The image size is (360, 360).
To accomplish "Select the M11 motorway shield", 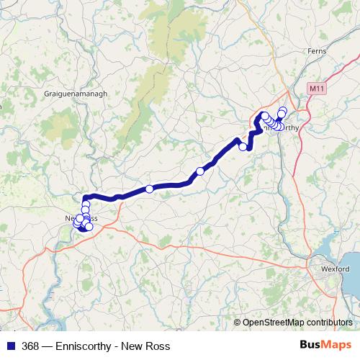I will [315, 88].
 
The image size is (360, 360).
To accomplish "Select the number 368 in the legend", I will [31, 346].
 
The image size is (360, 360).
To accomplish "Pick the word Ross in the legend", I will [158, 346].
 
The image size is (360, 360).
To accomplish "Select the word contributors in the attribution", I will [330, 323].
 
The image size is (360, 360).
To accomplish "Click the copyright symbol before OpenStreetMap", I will [238, 323].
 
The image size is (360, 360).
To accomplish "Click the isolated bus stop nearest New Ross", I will [149, 189].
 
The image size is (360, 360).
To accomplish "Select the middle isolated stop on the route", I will [200, 171].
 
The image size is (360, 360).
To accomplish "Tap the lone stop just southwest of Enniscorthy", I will [243, 147].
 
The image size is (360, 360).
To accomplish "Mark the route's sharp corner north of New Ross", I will [86, 197].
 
